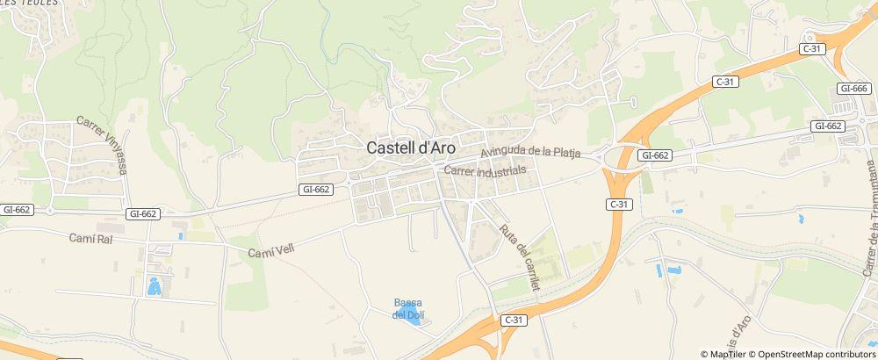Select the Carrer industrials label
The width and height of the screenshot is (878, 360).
point(485,170)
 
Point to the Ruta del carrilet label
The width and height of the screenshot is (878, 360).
point(519,257)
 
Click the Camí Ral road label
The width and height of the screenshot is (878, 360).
point(91,238)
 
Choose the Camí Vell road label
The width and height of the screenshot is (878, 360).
point(270,251)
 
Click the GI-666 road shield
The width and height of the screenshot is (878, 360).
point(853,89)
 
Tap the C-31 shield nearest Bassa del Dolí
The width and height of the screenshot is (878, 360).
point(514,321)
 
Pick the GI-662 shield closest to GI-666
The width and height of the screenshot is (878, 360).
point(828,126)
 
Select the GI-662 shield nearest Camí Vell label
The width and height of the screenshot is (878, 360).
point(315,189)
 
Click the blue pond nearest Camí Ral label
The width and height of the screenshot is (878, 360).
point(154,285)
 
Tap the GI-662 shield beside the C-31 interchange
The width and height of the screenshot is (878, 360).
point(655,155)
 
